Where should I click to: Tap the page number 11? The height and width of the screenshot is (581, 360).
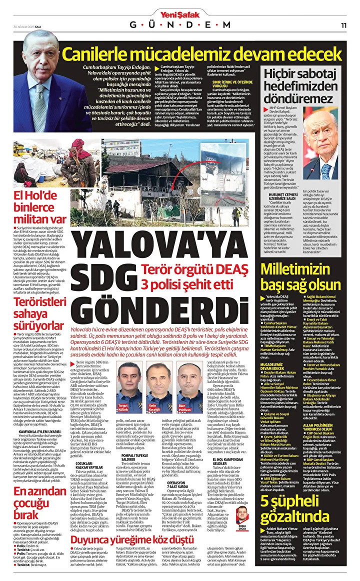click(x=344, y=25)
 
